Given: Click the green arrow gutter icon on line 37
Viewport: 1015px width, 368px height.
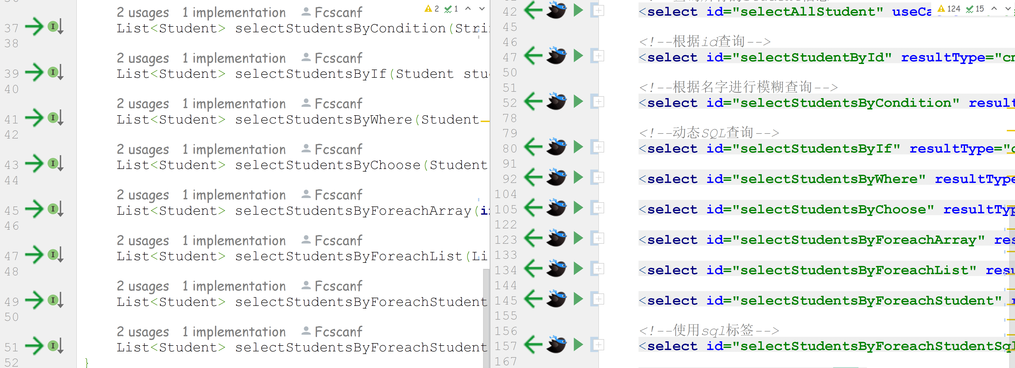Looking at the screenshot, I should pyautogui.click(x=34, y=27).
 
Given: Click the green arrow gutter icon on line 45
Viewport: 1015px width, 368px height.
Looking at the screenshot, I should pyautogui.click(x=34, y=209).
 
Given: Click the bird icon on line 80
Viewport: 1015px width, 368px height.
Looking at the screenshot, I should pyautogui.click(x=556, y=147).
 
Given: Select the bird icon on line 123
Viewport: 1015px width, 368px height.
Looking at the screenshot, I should pyautogui.click(x=556, y=238).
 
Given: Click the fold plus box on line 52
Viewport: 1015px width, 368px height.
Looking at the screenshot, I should pyautogui.click(x=598, y=102).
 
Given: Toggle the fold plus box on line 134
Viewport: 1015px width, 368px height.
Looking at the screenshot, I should pyautogui.click(x=598, y=269).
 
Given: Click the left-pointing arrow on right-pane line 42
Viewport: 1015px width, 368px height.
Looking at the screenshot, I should pyautogui.click(x=534, y=10).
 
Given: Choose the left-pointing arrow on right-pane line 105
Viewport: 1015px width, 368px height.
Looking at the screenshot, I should pyautogui.click(x=534, y=208).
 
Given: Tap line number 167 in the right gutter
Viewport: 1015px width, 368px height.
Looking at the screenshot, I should pyautogui.click(x=506, y=361).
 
